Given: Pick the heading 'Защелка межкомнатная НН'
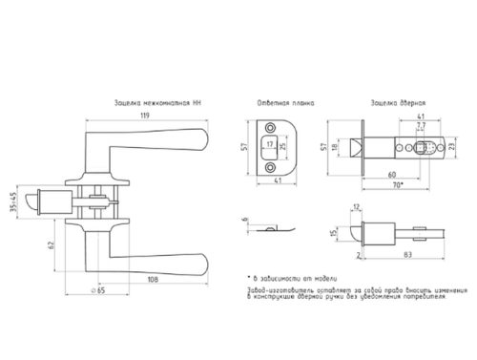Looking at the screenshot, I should (156, 101).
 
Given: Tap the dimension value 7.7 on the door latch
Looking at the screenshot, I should (422, 125).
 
